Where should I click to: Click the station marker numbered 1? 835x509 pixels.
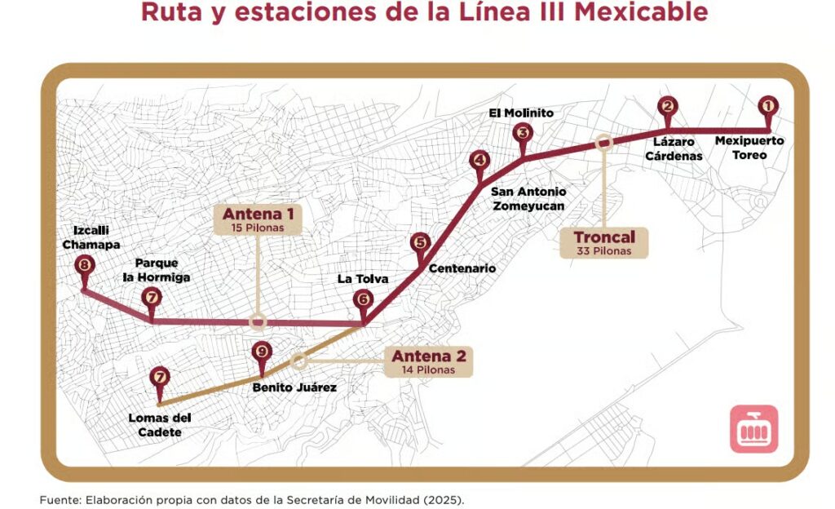[x=767, y=105]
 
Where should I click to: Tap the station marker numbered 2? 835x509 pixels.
[x=669, y=105]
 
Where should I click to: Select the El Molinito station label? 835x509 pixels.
[x=521, y=113]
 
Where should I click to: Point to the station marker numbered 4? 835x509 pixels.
[x=479, y=161]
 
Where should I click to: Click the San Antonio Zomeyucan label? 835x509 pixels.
[x=528, y=199]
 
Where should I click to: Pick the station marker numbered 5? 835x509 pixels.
[x=420, y=242]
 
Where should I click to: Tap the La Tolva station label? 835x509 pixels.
[x=363, y=279]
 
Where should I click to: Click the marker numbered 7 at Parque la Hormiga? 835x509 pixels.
[x=152, y=298]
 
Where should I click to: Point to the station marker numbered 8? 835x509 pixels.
[x=83, y=265]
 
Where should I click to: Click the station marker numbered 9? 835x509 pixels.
[x=260, y=352]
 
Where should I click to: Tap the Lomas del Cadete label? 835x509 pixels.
[x=155, y=425]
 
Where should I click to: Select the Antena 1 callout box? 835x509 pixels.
[x=257, y=219]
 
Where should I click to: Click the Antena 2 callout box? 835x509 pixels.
[x=429, y=361]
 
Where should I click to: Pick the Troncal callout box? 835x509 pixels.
[x=604, y=243]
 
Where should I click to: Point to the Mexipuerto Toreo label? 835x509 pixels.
[x=749, y=148]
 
